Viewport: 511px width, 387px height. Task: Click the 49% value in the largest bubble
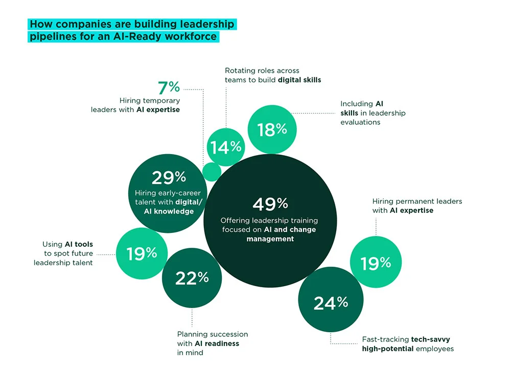270,204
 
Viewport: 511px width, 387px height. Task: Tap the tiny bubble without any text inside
212,171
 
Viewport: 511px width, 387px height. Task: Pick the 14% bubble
225,147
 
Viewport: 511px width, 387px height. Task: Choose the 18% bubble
272,130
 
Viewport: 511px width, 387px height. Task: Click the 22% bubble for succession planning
192,278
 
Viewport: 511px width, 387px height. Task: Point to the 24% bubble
331,303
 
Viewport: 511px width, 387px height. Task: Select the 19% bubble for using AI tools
142,252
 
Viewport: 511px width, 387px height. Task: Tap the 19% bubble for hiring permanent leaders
376,263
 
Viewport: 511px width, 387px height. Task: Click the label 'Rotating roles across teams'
273,75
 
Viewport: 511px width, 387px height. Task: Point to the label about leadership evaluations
373,113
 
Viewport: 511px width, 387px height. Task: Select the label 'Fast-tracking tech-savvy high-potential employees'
407,344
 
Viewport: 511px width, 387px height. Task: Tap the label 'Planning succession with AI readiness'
212,343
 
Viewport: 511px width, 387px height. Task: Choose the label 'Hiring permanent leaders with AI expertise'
416,206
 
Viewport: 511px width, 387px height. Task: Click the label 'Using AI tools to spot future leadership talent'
63,253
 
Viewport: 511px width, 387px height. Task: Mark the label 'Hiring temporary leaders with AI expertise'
135,105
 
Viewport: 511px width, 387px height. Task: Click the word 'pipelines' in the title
50,37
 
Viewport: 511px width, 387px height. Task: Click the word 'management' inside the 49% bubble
270,239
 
